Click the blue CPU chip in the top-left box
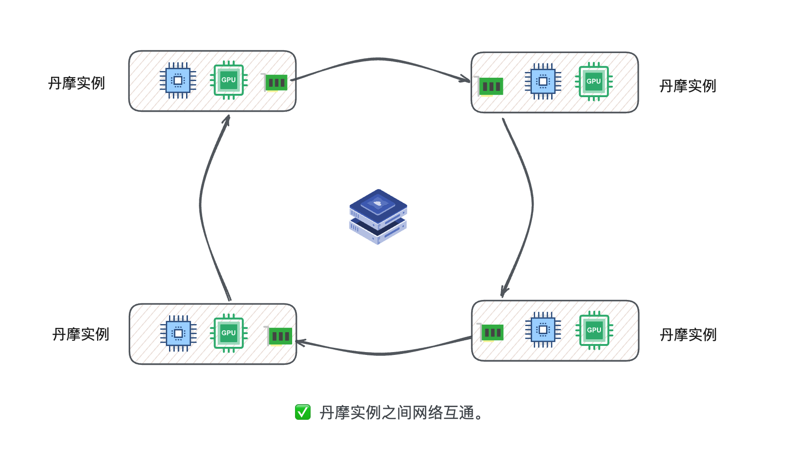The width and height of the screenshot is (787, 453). point(178,81)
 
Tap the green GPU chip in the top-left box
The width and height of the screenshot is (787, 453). point(229,80)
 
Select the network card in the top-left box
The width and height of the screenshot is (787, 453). point(276,83)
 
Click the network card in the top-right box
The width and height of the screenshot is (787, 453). point(490,86)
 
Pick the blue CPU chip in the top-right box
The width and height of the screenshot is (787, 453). point(543,82)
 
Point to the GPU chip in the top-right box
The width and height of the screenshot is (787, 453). point(594,82)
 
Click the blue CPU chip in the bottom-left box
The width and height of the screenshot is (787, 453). point(179,334)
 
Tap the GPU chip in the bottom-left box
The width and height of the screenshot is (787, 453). point(229,333)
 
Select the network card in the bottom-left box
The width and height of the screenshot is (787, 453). point(279,336)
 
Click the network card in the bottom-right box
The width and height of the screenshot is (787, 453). point(492,333)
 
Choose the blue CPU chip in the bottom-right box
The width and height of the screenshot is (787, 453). point(543,330)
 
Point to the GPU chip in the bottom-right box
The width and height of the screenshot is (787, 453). point(594,330)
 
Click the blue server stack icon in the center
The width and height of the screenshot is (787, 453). point(378,217)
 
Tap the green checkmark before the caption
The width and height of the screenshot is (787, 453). point(303,412)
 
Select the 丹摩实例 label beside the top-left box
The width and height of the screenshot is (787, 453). point(76,83)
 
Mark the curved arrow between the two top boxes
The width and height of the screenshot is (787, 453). point(379,59)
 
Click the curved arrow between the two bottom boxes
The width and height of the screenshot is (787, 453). point(381,353)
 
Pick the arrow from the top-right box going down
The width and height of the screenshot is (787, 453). point(531,204)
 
